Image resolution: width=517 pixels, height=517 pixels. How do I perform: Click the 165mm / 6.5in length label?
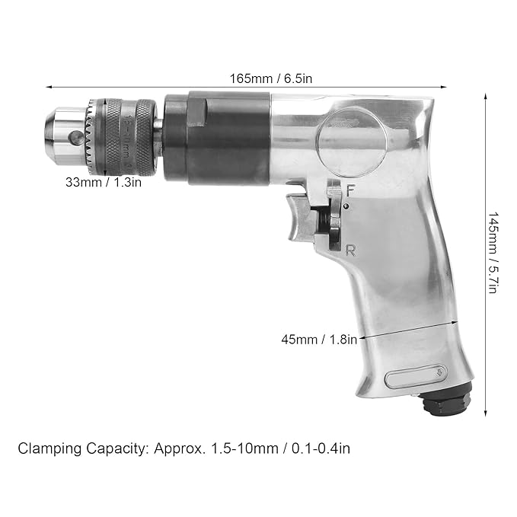(x=270, y=78)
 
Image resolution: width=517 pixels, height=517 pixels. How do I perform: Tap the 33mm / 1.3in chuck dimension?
(x=104, y=182)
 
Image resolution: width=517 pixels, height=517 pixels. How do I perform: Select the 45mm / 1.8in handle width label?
(x=319, y=340)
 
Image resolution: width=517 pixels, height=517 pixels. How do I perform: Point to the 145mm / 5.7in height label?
(x=492, y=253)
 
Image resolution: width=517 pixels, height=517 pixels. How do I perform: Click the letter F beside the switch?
(x=350, y=191)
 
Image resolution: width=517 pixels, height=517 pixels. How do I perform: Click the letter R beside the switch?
(x=350, y=251)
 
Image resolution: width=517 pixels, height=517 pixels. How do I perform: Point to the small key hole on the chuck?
(x=75, y=136)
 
